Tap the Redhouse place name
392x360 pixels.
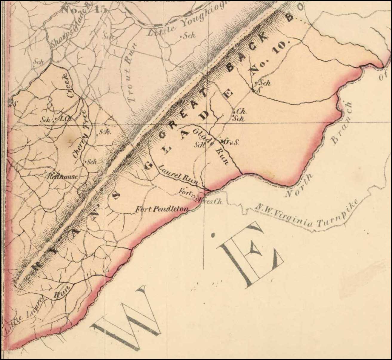(63, 177)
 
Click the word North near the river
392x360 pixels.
(298, 186)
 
